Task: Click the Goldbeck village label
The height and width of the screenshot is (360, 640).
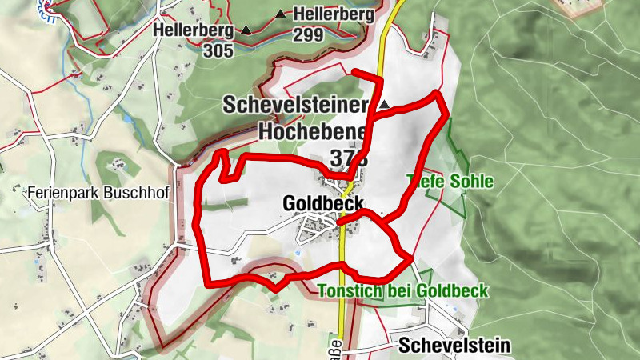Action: click(323, 204)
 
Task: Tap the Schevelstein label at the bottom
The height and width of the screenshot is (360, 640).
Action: click(454, 346)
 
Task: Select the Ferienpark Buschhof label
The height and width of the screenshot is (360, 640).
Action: click(95, 193)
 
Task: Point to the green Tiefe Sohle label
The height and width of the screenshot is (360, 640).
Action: click(450, 182)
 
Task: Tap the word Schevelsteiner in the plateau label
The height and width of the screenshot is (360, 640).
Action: click(295, 105)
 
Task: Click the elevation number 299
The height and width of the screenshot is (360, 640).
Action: click(308, 34)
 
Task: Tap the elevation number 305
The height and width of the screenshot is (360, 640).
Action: click(218, 51)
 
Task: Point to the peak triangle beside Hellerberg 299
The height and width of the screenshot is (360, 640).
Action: click(280, 14)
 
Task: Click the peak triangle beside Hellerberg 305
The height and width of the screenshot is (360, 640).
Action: click(246, 30)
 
